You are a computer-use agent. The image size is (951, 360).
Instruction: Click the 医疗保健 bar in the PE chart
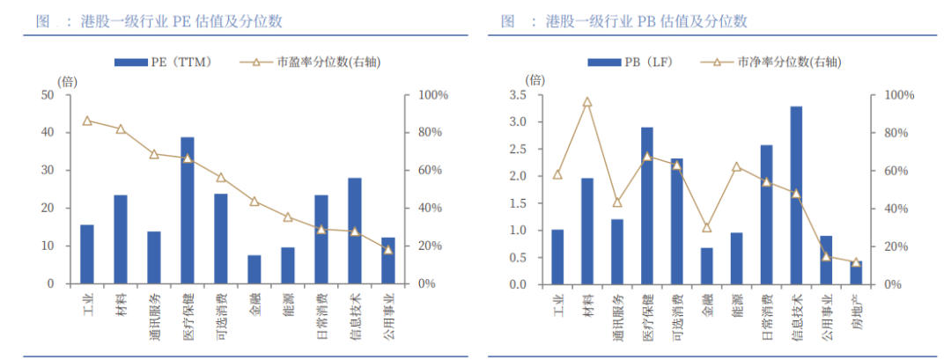[188, 210]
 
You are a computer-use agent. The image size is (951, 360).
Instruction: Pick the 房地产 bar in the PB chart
[856, 273]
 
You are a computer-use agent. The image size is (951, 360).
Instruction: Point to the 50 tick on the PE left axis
[47, 95]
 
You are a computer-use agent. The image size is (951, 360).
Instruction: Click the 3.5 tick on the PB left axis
[518, 95]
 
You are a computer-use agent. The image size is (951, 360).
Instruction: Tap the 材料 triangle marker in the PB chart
[587, 102]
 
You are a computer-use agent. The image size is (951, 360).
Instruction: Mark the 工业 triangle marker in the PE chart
[86, 121]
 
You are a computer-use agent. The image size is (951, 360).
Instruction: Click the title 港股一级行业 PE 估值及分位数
[172, 20]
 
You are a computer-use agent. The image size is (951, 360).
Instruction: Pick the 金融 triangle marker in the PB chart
[706, 227]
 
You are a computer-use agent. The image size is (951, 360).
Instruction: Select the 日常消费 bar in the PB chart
[766, 215]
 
